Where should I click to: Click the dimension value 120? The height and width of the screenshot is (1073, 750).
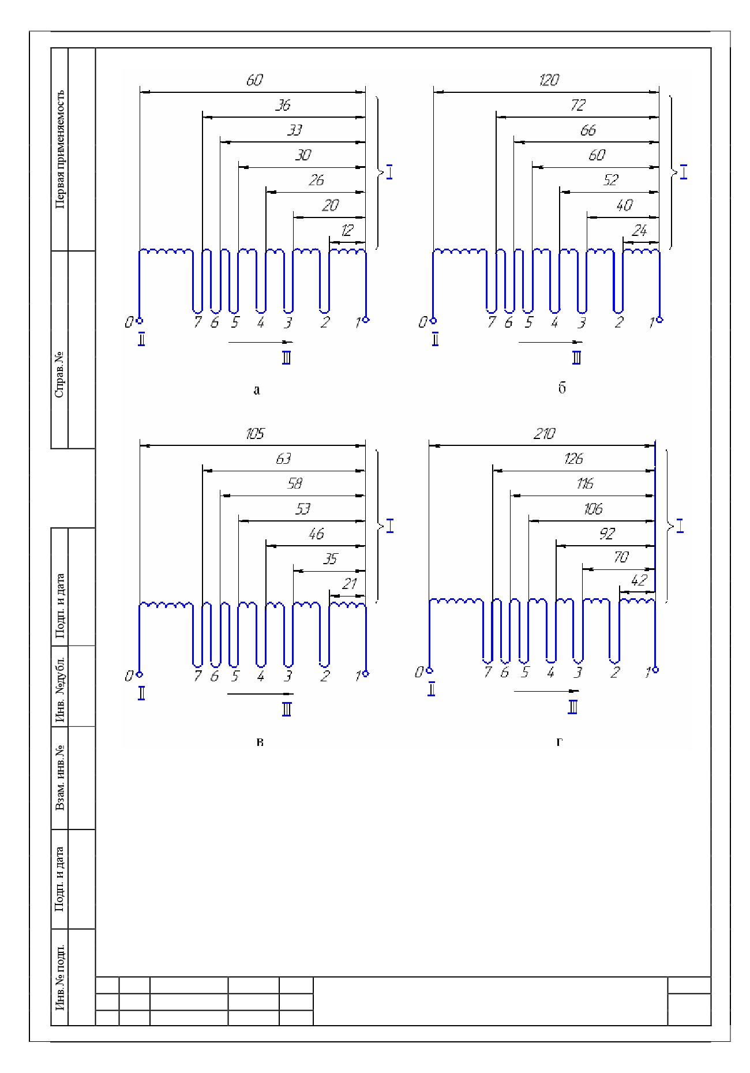pos(549,80)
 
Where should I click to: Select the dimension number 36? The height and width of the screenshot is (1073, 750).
pos(283,106)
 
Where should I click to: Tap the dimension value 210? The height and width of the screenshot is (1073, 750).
pos(545,434)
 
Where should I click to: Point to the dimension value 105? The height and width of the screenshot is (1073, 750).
pos(255,434)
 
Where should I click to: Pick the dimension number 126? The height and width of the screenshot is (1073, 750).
pos(573,459)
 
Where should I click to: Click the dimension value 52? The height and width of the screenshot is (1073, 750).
pos(610,181)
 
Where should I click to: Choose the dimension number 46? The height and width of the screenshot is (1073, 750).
pos(316,534)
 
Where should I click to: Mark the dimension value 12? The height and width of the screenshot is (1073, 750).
pos(347,231)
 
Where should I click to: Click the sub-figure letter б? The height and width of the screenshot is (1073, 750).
pos(562,388)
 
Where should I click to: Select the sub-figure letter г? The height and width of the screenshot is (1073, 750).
pos(559,742)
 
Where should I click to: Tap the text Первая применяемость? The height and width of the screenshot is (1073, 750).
pos(60,149)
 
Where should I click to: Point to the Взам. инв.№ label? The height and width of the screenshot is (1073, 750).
pos(60,778)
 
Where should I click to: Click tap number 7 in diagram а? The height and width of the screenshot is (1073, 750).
pos(198,322)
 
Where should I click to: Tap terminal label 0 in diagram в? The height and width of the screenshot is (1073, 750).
pos(129,676)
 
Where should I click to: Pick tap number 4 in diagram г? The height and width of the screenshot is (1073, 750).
pos(551,672)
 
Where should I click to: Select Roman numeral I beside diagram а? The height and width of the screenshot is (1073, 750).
pos(390,172)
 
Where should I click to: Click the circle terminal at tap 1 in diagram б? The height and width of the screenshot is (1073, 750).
pos(660,320)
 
